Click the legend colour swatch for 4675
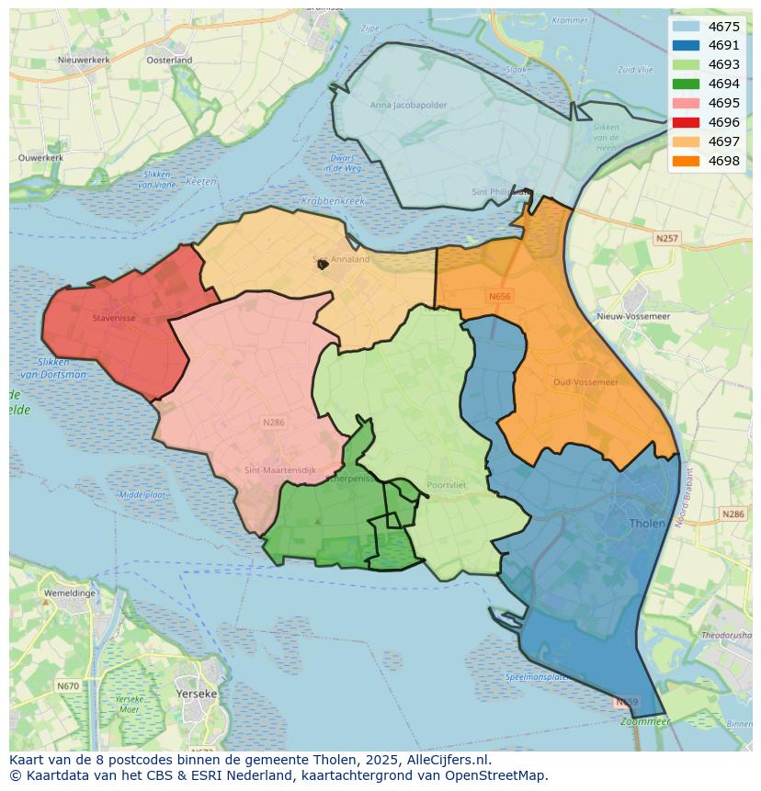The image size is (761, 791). tap(686, 27)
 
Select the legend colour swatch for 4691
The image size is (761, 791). tap(686, 46)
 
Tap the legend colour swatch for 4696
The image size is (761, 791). tap(686, 122)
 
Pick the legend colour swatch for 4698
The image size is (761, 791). tap(686, 161)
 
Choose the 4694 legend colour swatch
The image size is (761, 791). tap(686, 84)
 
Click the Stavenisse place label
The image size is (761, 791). tap(115, 319)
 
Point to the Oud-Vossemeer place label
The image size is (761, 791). tap(585, 382)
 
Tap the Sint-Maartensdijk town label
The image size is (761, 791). tap(280, 470)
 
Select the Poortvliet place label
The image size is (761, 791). tap(448, 486)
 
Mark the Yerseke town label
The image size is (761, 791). tap(197, 694)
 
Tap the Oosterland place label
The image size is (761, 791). tap(169, 60)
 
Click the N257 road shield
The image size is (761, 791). tap(667, 239)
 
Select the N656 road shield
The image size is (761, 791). tap(499, 297)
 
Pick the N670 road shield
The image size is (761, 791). tap(67, 686)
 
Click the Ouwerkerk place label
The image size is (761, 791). tap(40, 158)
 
